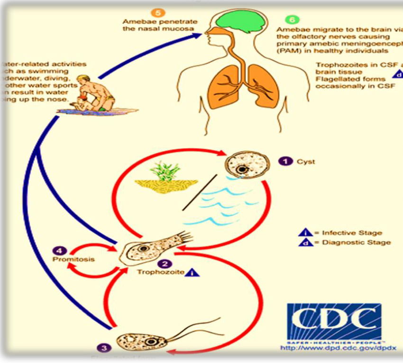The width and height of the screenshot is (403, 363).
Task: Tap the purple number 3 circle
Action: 104,348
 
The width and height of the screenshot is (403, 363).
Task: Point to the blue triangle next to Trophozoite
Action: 192,272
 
